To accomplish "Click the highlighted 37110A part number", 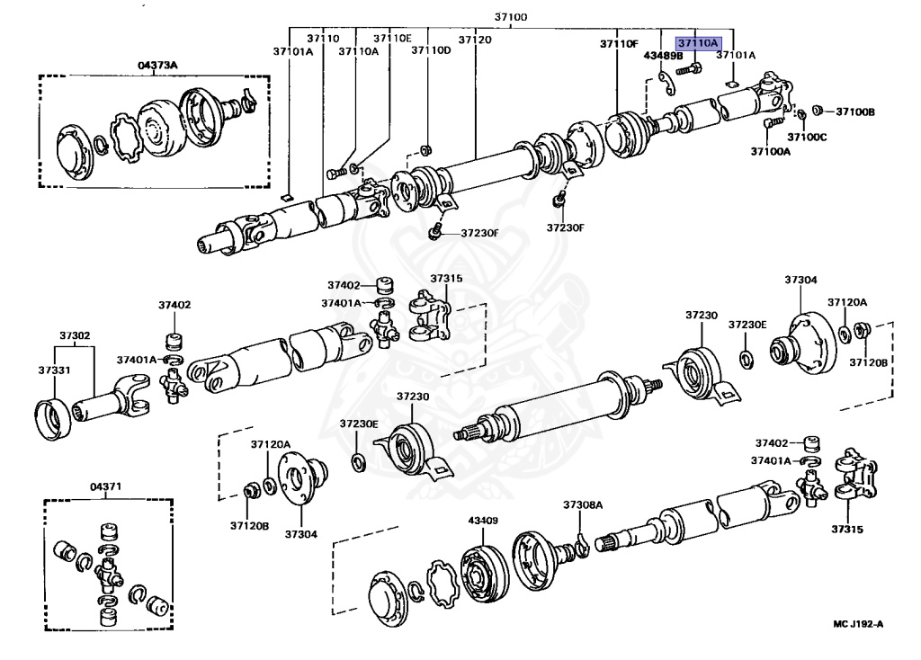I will pos(698,42).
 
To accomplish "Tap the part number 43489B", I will pos(663,56).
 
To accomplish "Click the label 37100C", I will pos(807,137).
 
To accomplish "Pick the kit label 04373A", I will pos(157,65).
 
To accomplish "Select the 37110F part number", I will pos(619,43).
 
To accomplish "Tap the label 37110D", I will pos(431,51).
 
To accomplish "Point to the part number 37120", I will pos(475,40).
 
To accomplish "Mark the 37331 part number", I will pos(53,370).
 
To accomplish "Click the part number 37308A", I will pos(583,504).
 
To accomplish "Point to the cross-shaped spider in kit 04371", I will pos(110,571).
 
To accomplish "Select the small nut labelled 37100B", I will pos(817,111).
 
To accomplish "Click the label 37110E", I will pos(392,39).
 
